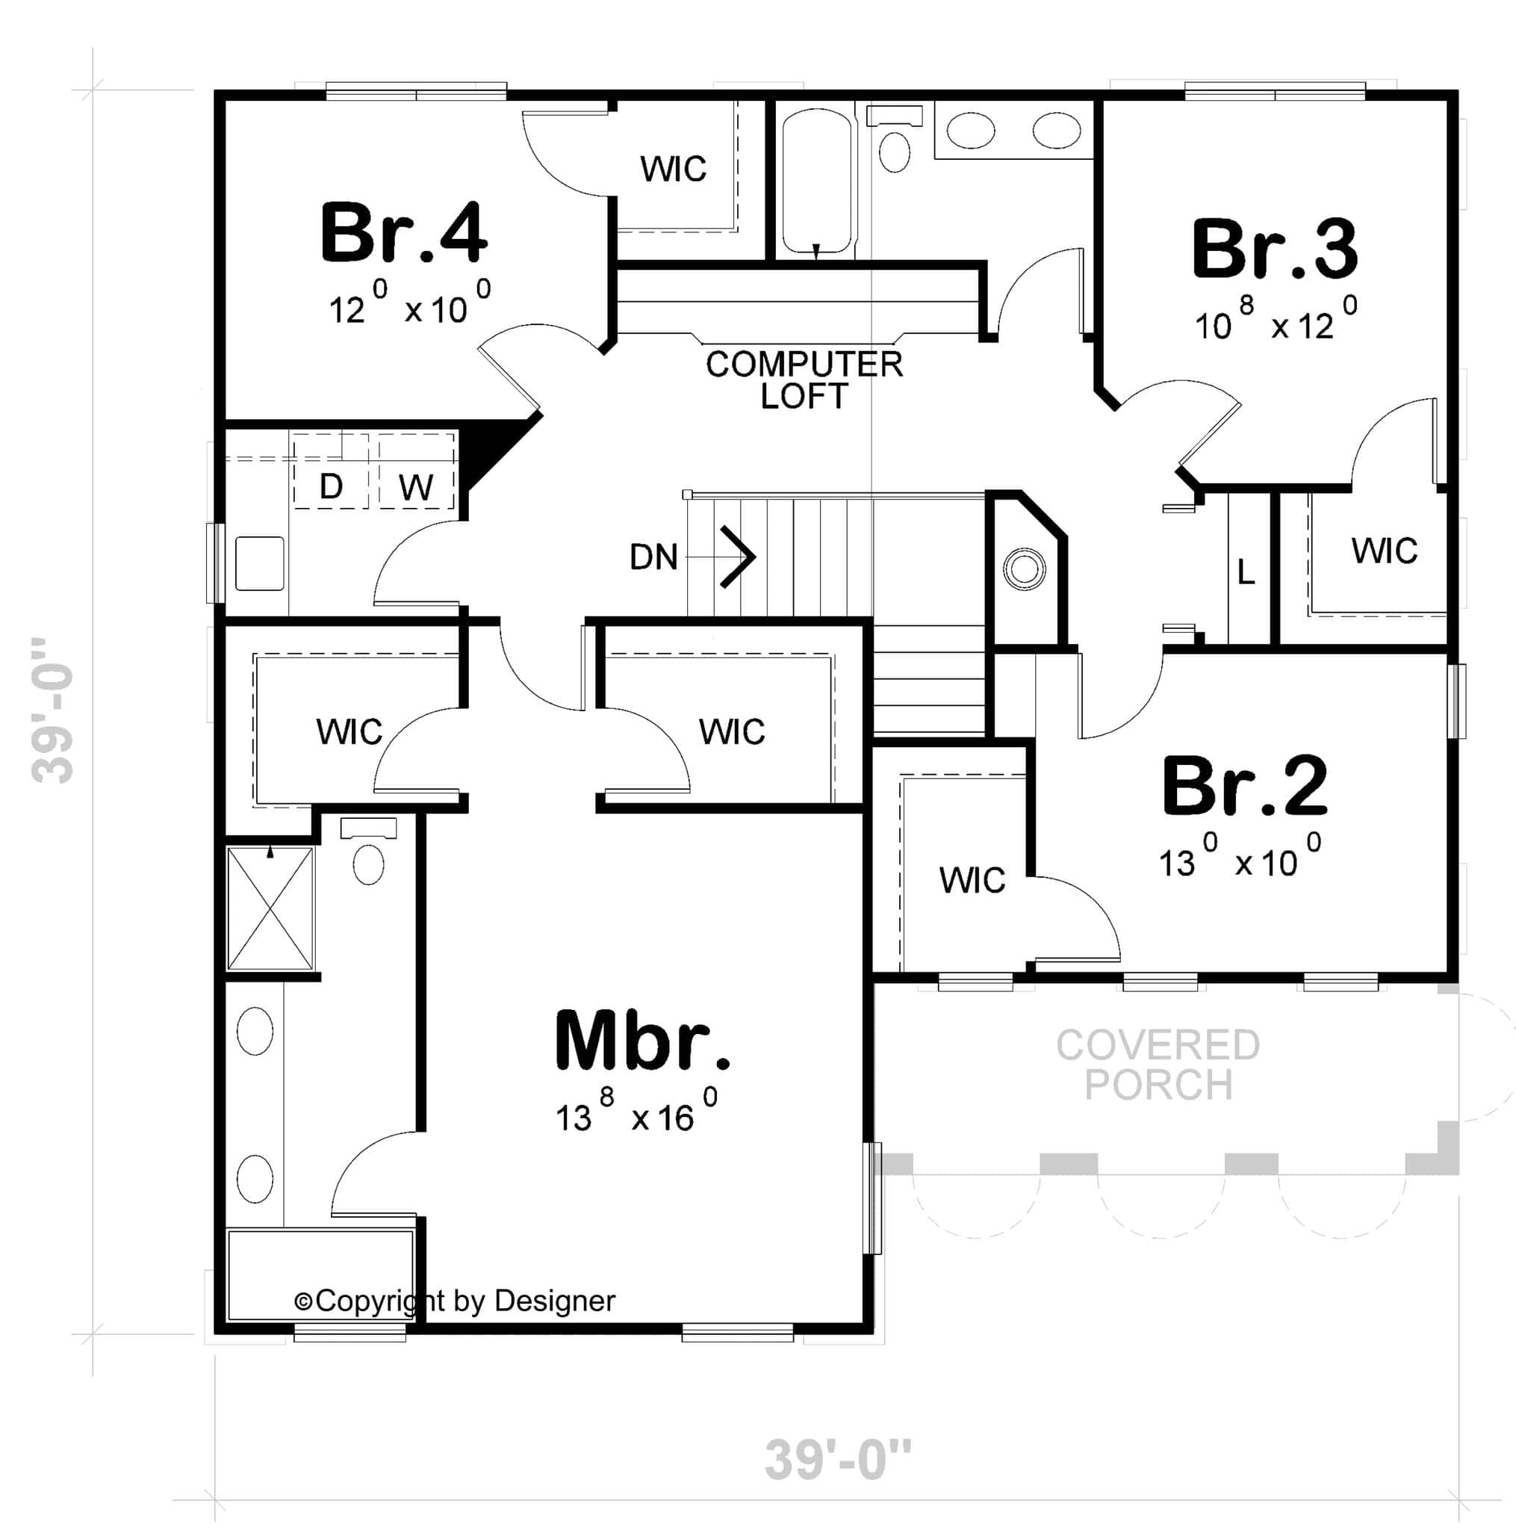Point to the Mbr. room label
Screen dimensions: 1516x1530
point(642,1041)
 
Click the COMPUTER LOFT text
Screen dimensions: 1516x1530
point(804,380)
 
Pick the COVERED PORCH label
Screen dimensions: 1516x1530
point(1158,1065)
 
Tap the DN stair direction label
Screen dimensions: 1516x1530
point(653,557)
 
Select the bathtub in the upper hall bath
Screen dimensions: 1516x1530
point(817,182)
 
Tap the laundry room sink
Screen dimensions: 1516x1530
point(260,563)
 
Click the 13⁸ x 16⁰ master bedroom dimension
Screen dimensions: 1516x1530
point(636,1111)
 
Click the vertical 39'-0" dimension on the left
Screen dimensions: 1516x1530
point(52,710)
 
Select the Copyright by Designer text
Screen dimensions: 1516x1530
point(454,1301)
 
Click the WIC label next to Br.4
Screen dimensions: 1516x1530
point(673,169)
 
